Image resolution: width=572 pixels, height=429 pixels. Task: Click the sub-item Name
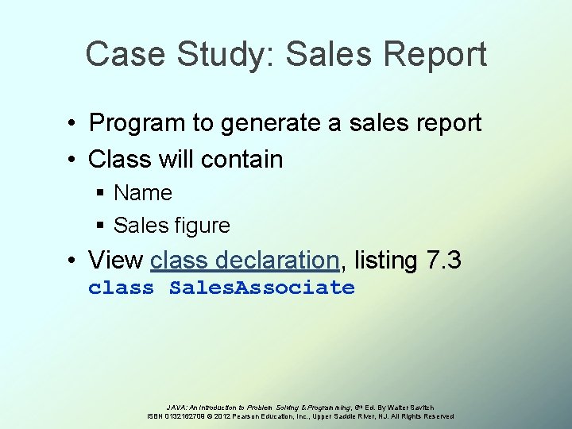click(x=143, y=193)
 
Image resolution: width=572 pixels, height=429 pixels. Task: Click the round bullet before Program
click(x=71, y=124)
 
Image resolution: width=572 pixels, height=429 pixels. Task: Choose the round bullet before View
click(x=71, y=260)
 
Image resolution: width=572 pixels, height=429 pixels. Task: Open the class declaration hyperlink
click(x=245, y=260)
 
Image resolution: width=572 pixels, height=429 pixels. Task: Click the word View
click(x=116, y=260)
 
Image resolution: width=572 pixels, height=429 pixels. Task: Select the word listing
click(x=385, y=260)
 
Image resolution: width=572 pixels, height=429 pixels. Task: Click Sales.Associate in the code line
click(x=261, y=288)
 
